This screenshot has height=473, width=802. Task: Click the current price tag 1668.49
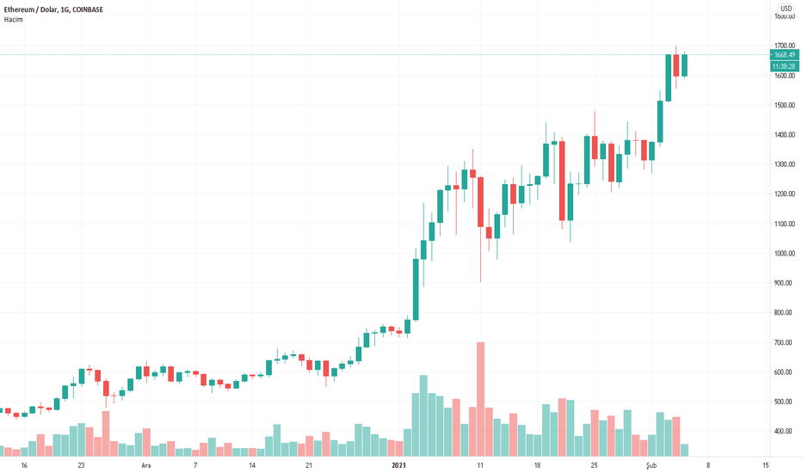[786, 55]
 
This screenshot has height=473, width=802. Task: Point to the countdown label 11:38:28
[786, 66]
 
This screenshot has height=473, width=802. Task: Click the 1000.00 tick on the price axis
[785, 254]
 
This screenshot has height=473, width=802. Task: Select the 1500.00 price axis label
[785, 106]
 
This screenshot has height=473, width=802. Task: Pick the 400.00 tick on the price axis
[785, 432]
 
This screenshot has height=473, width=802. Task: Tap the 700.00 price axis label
[785, 343]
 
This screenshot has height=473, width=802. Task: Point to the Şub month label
[651, 465]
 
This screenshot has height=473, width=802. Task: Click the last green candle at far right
[685, 65]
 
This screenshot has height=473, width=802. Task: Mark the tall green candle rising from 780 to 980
[416, 289]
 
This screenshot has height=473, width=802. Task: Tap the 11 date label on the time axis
[480, 465]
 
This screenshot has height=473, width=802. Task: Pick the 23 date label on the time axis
[81, 465]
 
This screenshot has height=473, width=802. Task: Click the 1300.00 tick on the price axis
[785, 165]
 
